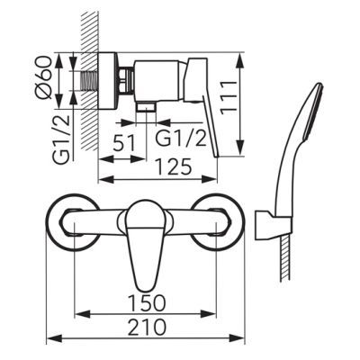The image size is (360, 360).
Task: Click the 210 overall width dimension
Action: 147,327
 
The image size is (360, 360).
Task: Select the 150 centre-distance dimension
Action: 147,302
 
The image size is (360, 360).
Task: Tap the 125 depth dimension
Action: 173,166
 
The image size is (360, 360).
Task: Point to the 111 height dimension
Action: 229,97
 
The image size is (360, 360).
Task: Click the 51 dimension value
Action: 124,143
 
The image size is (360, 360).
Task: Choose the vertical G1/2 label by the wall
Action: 63,139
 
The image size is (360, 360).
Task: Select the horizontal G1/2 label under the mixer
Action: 182,139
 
